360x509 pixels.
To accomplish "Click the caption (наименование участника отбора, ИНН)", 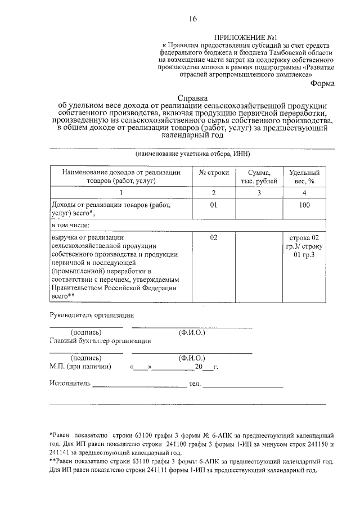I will coord(192,154).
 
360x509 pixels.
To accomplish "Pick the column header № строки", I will coord(214,173).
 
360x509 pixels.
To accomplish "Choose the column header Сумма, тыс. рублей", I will coord(259,177).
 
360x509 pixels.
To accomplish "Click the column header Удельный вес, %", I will coord(304,177).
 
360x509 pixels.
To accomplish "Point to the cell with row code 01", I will coord(214,206).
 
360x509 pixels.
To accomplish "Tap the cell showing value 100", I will coord(304,206).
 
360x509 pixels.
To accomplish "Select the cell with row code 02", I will coord(214,237).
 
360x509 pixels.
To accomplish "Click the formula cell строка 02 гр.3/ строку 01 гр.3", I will coord(304,247).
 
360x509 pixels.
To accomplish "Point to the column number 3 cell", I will coord(259,193).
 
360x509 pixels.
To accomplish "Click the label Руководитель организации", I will coord(92,315).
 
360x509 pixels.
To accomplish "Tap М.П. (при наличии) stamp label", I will coord(80,367).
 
